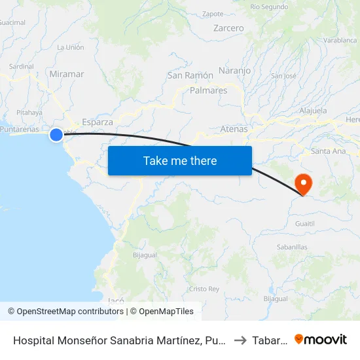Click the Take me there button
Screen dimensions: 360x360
[x=180, y=161]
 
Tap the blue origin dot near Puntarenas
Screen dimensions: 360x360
[x=56, y=135]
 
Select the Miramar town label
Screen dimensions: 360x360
[x=67, y=74]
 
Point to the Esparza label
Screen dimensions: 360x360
[x=98, y=122]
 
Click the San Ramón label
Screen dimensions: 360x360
[x=190, y=75]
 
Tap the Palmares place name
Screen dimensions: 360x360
[x=208, y=90]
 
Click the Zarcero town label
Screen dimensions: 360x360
[x=228, y=28]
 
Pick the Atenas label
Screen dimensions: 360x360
[x=234, y=129]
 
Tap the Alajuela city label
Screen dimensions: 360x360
[x=313, y=111]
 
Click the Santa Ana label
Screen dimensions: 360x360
[x=329, y=151]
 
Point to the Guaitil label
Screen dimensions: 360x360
[x=305, y=223]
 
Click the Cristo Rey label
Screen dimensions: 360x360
[x=204, y=289]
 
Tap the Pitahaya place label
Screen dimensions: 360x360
[x=29, y=113]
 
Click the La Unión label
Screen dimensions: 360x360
[x=71, y=47]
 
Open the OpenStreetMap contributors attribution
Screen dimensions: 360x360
[x=66, y=312]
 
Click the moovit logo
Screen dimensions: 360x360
[x=321, y=339]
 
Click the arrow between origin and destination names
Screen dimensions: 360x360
[x=239, y=340]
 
